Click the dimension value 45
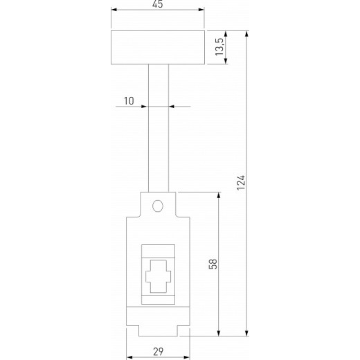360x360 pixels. [159, 5]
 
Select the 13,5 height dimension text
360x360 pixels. [219, 49]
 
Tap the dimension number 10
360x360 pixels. [129, 101]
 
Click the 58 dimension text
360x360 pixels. [213, 264]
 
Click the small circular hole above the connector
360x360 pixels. [159, 206]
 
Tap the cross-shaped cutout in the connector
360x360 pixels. [159, 278]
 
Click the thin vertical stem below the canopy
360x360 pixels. [159, 128]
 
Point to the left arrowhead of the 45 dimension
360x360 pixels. [114, 11]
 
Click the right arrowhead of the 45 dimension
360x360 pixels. [203, 11]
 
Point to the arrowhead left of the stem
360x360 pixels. [145, 107]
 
